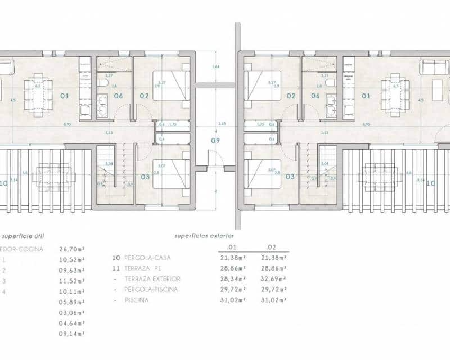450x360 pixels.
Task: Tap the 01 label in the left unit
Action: (65, 96)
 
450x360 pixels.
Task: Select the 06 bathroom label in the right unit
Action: (316, 96)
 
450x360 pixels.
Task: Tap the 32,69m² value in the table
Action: (274, 280)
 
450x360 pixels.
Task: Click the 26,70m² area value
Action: (72, 247)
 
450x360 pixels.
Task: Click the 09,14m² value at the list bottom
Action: (72, 334)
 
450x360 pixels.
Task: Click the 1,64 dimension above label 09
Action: (215, 67)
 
